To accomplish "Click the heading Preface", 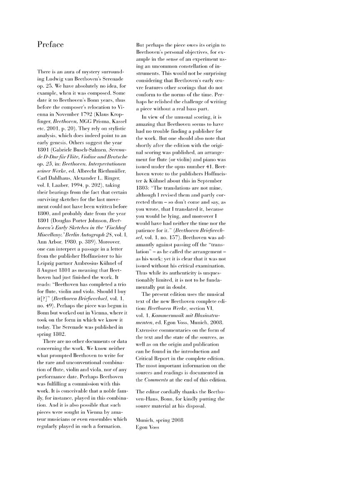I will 50,45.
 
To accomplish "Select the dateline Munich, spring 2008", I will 160,420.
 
